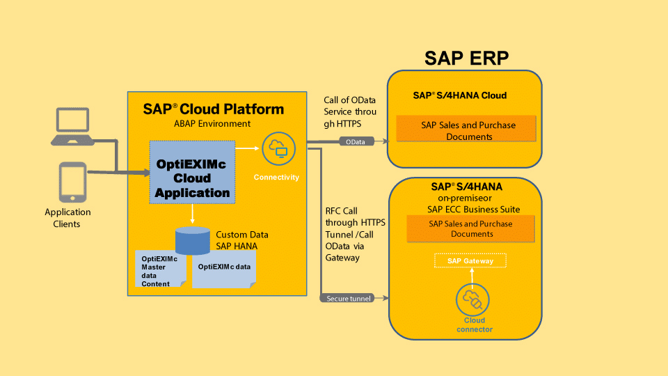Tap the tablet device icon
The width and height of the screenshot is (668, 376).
(72, 182)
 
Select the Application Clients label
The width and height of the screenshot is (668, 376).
(67, 218)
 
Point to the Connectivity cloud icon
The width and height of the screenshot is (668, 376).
(277, 149)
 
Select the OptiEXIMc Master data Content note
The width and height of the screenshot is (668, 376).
(159, 270)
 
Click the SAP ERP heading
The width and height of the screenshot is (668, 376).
(466, 58)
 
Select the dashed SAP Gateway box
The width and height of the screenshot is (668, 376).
(470, 261)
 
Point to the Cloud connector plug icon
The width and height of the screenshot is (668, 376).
(470, 301)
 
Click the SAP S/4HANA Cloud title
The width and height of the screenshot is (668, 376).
(459, 95)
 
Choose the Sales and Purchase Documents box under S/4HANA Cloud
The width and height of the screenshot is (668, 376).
(466, 130)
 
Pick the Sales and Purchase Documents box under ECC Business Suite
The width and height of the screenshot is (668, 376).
(470, 228)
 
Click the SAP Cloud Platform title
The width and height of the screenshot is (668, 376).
(213, 109)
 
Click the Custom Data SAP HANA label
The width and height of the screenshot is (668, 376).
(241, 240)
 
